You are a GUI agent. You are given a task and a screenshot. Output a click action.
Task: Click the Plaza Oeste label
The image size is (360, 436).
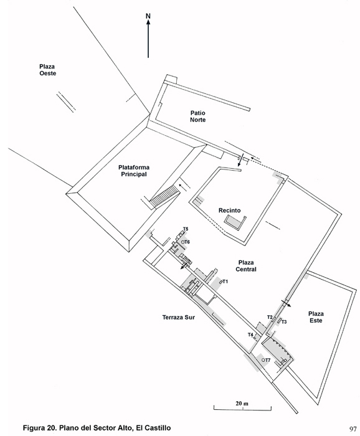tap(47, 70)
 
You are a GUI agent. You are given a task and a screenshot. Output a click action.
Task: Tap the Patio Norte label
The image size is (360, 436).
tap(198, 116)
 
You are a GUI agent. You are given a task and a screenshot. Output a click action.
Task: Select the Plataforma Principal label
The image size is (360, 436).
tap(134, 171)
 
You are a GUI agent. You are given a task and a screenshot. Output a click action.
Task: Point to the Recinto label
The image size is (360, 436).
tap(229, 211)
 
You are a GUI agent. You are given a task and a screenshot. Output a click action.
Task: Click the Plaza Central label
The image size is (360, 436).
tap(246, 266)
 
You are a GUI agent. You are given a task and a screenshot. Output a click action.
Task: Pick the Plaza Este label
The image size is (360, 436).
tap(316, 317)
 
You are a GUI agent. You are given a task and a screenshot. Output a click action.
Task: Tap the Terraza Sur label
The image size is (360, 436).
tap(179, 317)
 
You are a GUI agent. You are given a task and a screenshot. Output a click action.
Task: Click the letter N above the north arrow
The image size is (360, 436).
tap(148, 16)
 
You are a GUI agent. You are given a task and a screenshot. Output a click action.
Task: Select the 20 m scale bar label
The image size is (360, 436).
tap(242, 404)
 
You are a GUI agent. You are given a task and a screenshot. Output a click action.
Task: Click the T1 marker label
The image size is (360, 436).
tap(225, 282)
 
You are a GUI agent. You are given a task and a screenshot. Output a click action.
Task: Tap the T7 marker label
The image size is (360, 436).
tap(267, 360)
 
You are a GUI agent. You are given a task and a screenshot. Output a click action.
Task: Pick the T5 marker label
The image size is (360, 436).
tap(186, 229)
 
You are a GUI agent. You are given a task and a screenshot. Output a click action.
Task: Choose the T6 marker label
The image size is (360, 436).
tap(187, 242)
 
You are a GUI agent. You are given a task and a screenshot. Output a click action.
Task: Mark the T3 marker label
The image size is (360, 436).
tap(284, 322)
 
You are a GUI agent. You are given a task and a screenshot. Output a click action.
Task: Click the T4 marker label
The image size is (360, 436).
tap(251, 334)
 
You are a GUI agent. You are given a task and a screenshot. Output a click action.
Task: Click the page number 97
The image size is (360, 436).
tap(353, 429)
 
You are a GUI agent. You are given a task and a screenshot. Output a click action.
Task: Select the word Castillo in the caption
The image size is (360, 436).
tap(159, 428)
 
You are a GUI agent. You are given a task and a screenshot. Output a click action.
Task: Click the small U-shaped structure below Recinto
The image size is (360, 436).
tap(235, 222)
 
